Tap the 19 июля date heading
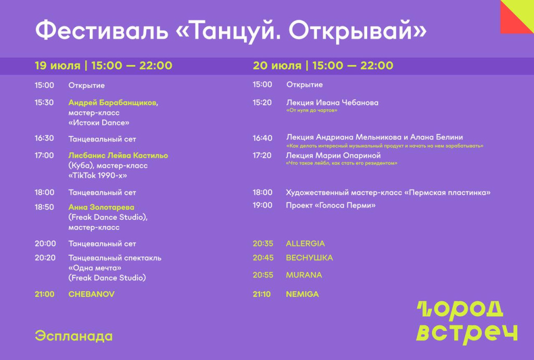pos(57,65)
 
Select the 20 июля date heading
pos(277,65)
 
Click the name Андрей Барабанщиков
pos(113,102)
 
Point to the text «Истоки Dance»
pos(99,123)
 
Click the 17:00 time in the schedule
pos(44,155)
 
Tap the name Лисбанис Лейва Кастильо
pos(118,155)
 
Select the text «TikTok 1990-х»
pos(98,176)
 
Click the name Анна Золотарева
pos(101,207)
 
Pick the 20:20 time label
pos(45,258)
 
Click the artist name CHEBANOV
pos(91,294)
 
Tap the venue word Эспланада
pos(74,336)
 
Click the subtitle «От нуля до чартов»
pos(312,111)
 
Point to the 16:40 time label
pos(263,138)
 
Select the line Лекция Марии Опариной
pos(333,155)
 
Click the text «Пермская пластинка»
pos(447,193)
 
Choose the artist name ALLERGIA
pos(306,244)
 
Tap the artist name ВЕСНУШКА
pos(310,258)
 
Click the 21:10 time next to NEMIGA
pos(262,294)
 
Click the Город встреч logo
pos(467,322)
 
